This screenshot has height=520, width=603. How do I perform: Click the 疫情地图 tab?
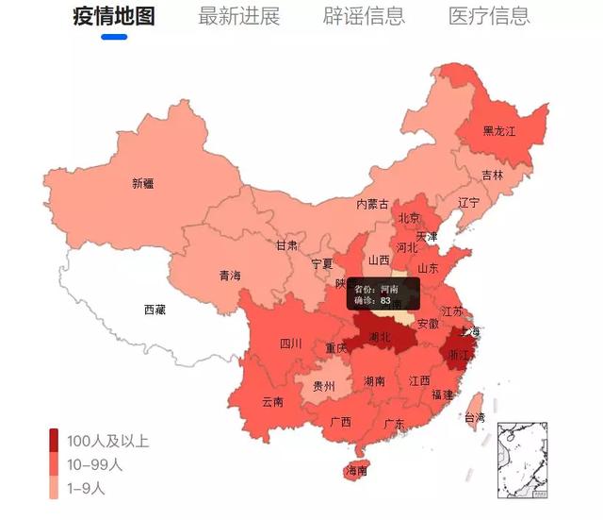click(x=113, y=16)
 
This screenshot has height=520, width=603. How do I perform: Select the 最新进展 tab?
click(x=239, y=16)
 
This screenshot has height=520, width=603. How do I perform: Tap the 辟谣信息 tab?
click(x=364, y=16)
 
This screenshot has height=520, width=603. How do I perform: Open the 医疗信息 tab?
click(x=489, y=16)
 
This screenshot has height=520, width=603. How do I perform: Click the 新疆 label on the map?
click(x=143, y=184)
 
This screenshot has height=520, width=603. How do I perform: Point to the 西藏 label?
click(x=155, y=309)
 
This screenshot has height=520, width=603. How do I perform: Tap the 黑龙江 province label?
click(x=499, y=131)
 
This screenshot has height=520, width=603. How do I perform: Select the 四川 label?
click(x=290, y=344)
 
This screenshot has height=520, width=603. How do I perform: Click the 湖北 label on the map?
click(x=381, y=337)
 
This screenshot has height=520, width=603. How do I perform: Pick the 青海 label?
click(x=230, y=276)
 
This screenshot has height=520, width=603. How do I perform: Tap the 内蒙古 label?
click(x=372, y=204)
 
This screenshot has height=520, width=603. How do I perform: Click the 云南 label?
click(x=272, y=402)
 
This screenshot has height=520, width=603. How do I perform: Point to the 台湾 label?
click(x=474, y=417)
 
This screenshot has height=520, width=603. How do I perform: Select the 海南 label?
click(x=357, y=470)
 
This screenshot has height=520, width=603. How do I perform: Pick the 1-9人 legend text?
click(x=87, y=488)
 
